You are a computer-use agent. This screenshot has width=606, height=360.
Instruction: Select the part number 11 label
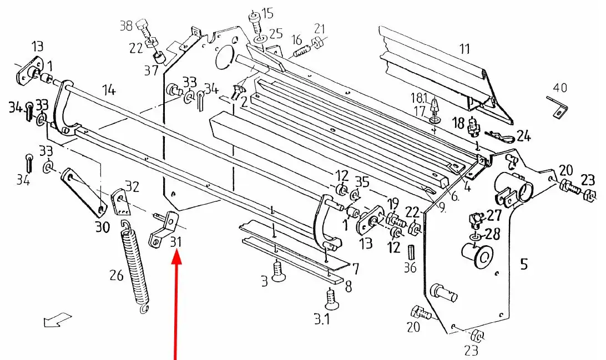[464, 49]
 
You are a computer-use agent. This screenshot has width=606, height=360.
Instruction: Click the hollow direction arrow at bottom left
[57, 320]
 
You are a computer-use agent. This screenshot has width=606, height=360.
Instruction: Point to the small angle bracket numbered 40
[558, 108]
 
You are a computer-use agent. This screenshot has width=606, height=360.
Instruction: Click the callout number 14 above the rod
[109, 90]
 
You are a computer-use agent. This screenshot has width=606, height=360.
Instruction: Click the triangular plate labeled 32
[120, 202]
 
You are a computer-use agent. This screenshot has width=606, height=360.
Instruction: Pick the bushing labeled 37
[159, 57]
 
